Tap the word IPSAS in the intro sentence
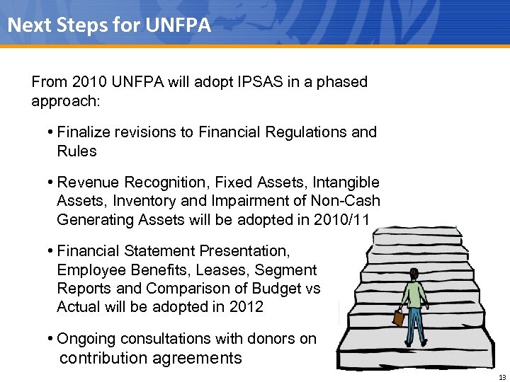259,82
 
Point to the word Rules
76,151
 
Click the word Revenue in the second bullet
86,183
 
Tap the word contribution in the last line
101,358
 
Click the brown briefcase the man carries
398,318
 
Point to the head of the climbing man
413,274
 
